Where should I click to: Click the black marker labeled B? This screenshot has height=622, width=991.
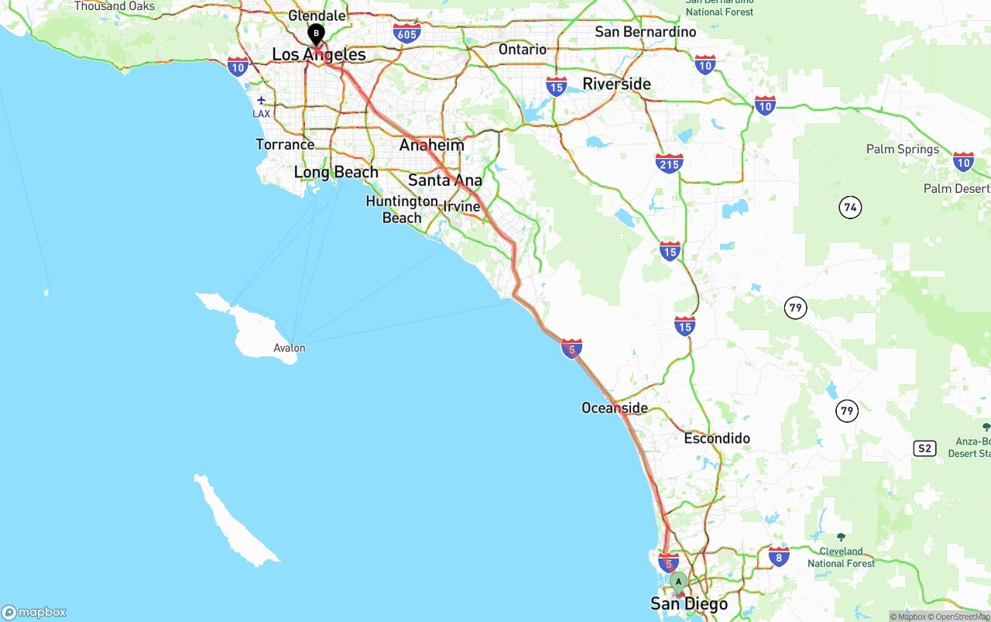pos(316,34)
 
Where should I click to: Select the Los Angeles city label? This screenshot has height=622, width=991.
pos(318,55)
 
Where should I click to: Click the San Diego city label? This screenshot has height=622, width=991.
pos(689,604)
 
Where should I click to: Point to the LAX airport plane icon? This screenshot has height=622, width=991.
pos(262,100)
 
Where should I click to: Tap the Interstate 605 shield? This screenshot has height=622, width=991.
pos(407,33)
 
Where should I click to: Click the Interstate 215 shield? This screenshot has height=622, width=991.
pos(669,163)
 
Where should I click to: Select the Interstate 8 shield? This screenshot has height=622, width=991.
pos(780,555)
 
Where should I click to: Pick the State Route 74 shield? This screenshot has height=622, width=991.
pos(850,208)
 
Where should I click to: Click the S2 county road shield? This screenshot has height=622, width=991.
pos(924,448)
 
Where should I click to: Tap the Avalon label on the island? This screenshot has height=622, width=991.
pos(290,348)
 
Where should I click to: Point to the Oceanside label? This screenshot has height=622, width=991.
pos(615,407)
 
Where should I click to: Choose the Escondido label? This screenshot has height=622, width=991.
pos(717,438)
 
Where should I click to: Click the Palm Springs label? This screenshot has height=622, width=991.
pos(902,149)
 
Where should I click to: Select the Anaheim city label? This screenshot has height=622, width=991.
pos(432,145)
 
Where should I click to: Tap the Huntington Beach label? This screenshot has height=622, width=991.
pos(402,209)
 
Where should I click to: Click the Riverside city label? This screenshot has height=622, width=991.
pos(616,84)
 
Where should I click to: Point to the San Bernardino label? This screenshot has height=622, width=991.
pos(645,32)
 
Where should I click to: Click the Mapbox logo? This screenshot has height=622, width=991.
pos(34,613)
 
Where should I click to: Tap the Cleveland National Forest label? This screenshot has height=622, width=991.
pos(841,557)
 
